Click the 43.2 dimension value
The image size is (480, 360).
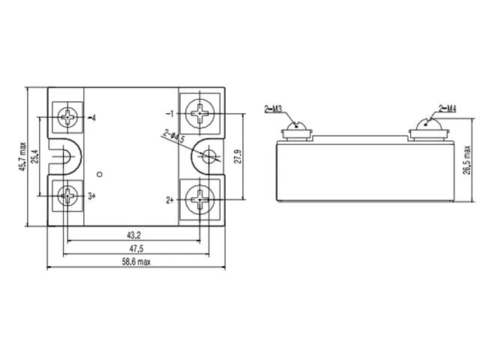point(133,235)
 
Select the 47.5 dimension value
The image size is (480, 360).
point(136,248)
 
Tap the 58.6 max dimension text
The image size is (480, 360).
point(136,262)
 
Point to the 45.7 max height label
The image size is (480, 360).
point(23,157)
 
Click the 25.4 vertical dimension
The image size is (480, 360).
point(35,157)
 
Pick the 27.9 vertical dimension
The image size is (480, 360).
point(238,157)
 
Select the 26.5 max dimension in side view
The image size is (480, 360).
point(466,160)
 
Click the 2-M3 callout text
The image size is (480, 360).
point(273,109)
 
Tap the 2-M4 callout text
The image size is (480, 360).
point(448,109)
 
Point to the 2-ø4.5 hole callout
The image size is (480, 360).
point(173,136)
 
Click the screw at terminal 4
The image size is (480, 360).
point(67,117)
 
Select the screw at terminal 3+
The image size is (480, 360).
point(67,196)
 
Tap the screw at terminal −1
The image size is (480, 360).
point(199,113)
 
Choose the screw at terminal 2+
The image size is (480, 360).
point(199,200)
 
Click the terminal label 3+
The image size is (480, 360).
point(91,196)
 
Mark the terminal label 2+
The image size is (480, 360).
point(170,200)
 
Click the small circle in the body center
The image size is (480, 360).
point(100,175)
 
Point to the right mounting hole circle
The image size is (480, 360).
point(209,156)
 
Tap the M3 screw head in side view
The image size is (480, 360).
point(296,126)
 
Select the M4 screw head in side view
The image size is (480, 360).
point(428,124)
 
